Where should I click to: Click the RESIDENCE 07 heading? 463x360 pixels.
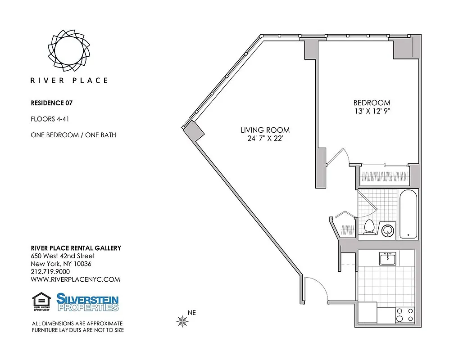coord(51,103)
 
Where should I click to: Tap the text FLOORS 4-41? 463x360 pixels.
coord(49,119)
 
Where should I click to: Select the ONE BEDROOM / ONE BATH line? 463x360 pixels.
coord(73,135)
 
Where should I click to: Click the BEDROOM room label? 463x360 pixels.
coord(372,103)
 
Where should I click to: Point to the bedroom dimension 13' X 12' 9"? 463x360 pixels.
coord(372,111)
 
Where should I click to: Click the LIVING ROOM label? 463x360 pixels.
coord(265,130)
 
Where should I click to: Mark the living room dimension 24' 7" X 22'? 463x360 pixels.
coord(265,139)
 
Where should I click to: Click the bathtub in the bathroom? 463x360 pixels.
coord(409,214)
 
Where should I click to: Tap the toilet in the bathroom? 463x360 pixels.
coord(369,227)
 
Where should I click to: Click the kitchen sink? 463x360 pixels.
coord(388,259)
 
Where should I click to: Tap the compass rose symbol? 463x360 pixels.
coord(182,321)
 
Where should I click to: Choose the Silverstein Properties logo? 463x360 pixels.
coord(87,302)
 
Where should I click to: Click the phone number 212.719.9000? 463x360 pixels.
coord(50,271)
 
